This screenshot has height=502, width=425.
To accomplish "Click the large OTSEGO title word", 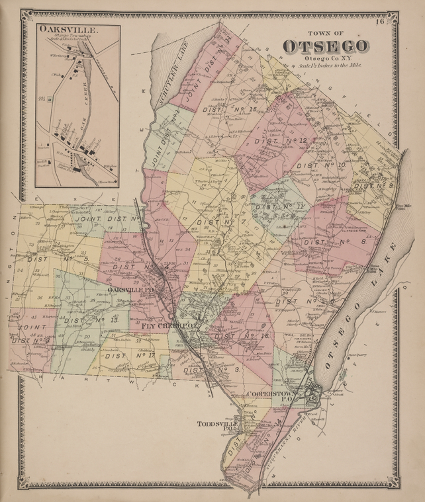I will (325, 46).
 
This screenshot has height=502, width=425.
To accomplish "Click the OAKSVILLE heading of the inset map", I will (60, 30).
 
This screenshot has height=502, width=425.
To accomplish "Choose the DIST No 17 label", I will (130, 356).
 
